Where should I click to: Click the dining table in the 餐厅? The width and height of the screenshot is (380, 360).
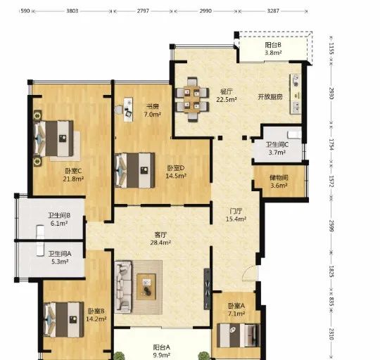click(x=191, y=99)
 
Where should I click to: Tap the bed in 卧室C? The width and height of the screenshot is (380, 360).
click(x=53, y=139)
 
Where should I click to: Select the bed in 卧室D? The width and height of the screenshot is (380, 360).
click(x=134, y=170)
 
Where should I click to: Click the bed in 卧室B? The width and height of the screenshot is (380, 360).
click(x=64, y=319)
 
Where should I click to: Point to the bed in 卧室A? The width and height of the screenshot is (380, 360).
click(x=239, y=335)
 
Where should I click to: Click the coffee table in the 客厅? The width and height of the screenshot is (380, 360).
click(x=146, y=287)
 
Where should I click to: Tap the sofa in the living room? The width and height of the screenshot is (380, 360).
click(x=123, y=287)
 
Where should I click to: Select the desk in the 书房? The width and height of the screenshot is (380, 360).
click(x=128, y=110)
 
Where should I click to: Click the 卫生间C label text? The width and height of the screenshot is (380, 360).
click(x=277, y=145)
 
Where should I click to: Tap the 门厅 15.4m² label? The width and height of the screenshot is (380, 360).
click(x=236, y=215)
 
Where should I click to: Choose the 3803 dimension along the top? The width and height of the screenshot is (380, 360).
click(x=72, y=11)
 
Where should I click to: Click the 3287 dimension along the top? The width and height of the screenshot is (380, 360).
click(x=273, y=11)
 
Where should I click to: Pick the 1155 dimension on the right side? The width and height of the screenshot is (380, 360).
click(x=331, y=49)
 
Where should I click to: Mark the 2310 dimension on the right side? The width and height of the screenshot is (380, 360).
click(x=331, y=334)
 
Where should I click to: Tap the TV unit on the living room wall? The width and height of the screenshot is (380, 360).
click(x=207, y=288)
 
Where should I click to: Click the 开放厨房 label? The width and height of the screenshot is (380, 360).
click(x=270, y=97)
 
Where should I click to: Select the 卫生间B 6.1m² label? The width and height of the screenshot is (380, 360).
click(x=59, y=219)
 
